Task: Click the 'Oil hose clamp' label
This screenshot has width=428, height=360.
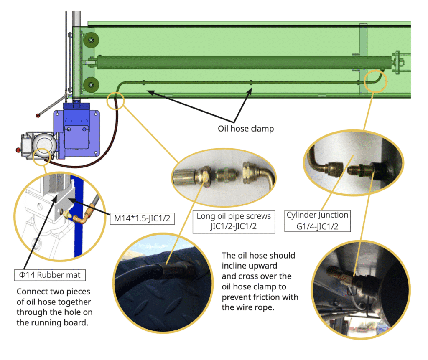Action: click(246, 128)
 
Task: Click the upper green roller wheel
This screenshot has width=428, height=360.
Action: click(89, 41)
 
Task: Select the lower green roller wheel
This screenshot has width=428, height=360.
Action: click(89, 85)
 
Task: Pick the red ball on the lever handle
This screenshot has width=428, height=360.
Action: click(38, 114)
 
